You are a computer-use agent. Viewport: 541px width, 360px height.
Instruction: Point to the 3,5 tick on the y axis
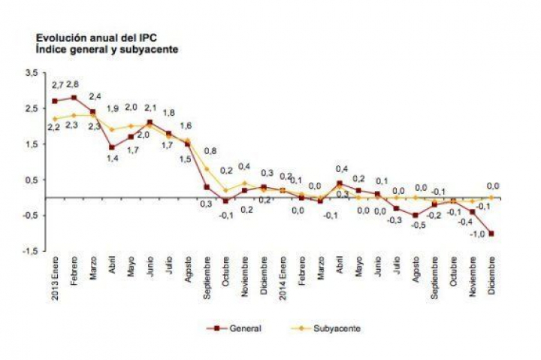(31, 73)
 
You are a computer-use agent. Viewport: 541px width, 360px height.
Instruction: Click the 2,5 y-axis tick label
(31, 109)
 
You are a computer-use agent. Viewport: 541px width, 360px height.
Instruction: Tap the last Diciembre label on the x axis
(492, 273)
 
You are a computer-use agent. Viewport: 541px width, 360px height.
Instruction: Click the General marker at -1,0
(492, 234)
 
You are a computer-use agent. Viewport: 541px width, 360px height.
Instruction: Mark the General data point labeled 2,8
(74, 97)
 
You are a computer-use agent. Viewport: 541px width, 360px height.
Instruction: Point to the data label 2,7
(55, 85)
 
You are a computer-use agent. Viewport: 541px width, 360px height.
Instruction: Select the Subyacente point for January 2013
(55, 119)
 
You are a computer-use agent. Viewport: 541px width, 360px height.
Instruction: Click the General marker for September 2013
(207, 187)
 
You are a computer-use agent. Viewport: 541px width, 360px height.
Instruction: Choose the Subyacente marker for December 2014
(492, 198)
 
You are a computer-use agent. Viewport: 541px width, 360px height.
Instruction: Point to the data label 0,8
(211, 150)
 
